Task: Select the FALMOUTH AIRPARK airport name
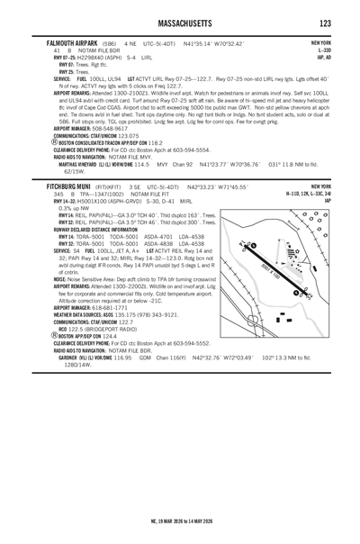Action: click(x=69, y=43)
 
